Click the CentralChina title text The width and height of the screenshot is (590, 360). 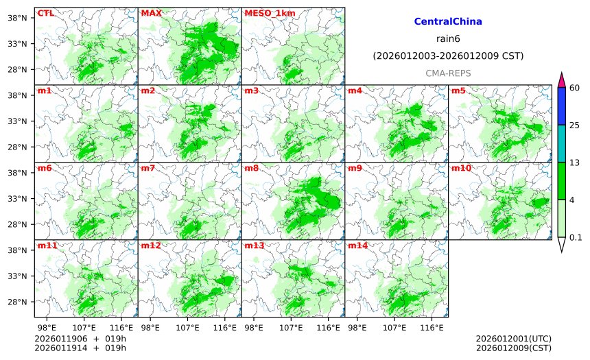tap(448, 22)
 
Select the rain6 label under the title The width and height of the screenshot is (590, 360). tap(448, 39)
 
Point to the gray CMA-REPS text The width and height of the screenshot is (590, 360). tap(448, 73)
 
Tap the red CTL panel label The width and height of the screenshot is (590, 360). tap(46, 13)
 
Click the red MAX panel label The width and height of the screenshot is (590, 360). tap(151, 13)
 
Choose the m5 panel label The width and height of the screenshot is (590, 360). tap(458, 91)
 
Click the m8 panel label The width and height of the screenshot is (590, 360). tap(251, 168)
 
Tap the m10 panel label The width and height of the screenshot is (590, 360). tap(460, 168)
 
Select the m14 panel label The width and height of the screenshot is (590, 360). tap(357, 245)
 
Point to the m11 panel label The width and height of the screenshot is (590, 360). tap(46, 245)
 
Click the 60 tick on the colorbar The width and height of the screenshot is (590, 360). tap(575, 87)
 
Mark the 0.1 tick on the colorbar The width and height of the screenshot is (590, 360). tap(576, 238)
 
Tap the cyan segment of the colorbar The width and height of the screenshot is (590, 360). tap(561, 143)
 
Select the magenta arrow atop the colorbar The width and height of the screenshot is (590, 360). tap(561, 79)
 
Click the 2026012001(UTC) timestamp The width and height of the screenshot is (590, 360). tap(513, 339)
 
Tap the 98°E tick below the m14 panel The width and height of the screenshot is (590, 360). tap(357, 328)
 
